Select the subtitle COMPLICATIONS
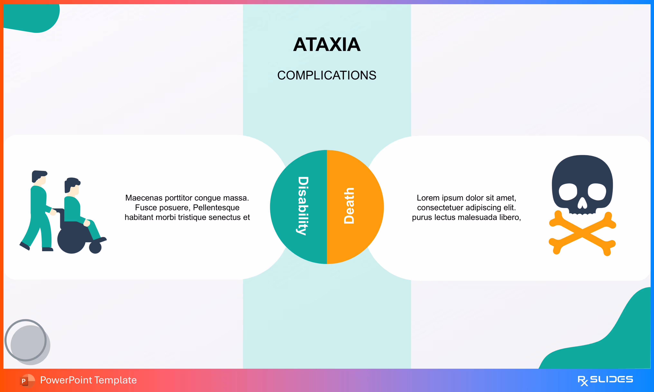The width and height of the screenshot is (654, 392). (327, 75)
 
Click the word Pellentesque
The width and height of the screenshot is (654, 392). (216, 208)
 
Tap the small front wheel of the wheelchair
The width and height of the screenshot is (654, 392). (95, 248)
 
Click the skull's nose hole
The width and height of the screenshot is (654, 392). (582, 203)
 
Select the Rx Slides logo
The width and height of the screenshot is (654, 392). (605, 380)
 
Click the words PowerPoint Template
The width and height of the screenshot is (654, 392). (88, 380)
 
